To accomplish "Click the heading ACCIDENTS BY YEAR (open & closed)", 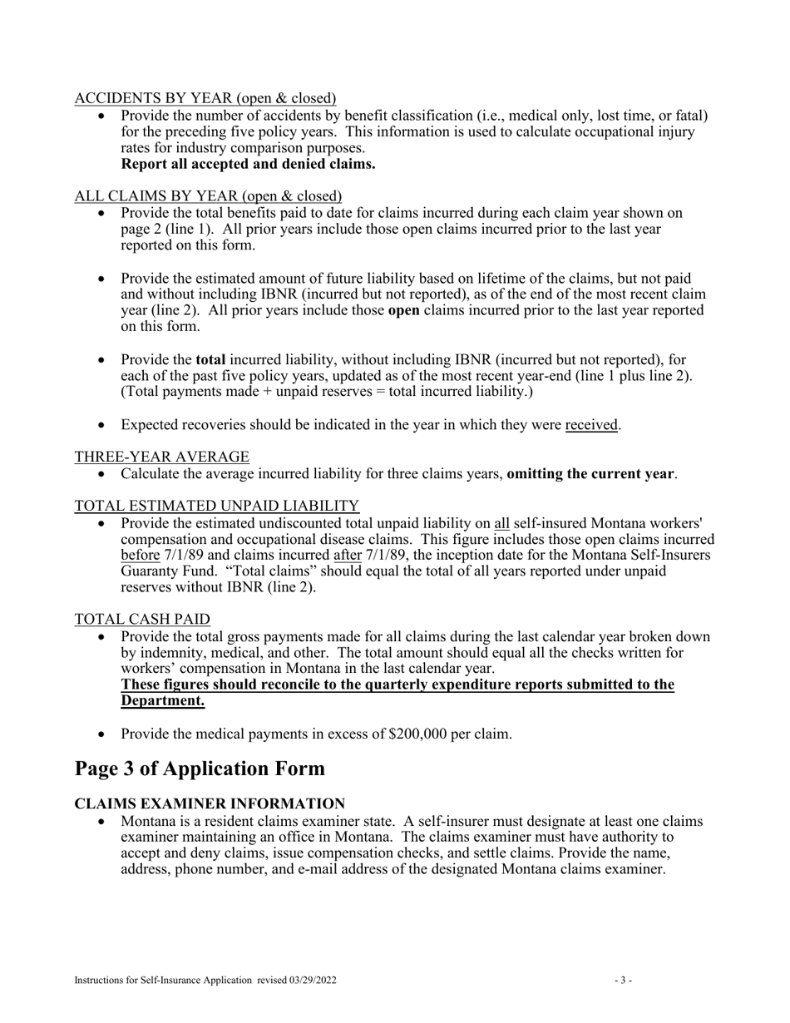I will pyautogui.click(x=205, y=99).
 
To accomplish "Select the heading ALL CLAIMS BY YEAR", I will pyautogui.click(x=208, y=196).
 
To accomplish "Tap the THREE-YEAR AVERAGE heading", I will pyautogui.click(x=162, y=457).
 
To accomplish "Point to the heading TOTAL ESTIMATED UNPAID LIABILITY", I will pyautogui.click(x=217, y=506).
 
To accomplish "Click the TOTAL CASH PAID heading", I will pyautogui.click(x=142, y=620).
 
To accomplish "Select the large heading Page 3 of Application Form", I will pyautogui.click(x=200, y=768).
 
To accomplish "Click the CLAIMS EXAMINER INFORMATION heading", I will pyautogui.click(x=210, y=804).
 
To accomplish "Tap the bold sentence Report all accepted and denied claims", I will pyautogui.click(x=248, y=164).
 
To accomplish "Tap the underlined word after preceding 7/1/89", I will pyautogui.click(x=348, y=555).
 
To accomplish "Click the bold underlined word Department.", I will pyautogui.click(x=163, y=700).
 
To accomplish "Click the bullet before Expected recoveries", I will pyautogui.click(x=101, y=425).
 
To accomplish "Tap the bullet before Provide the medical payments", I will pyautogui.click(x=101, y=734).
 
